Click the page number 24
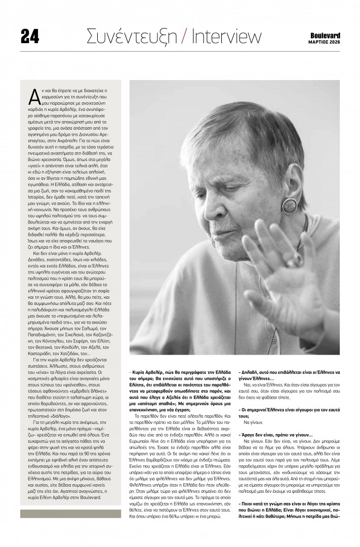(x=30, y=36)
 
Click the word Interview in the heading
(x=223, y=36)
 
